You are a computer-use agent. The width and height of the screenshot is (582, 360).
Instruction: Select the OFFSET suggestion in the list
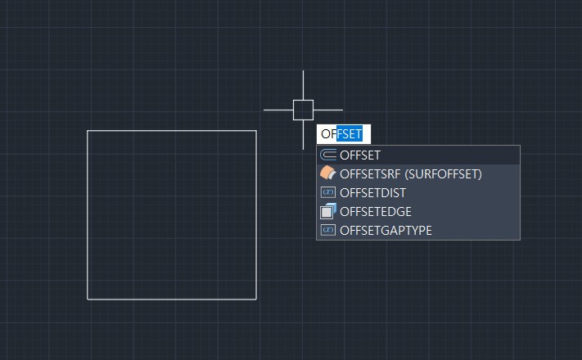click(360, 155)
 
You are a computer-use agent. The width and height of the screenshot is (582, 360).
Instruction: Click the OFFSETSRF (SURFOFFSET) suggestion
click(410, 173)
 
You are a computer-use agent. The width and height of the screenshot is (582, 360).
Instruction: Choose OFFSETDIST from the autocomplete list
click(372, 193)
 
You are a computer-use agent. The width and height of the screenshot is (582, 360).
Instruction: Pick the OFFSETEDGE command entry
click(375, 212)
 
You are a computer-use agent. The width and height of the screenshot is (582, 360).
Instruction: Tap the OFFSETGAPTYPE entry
click(386, 231)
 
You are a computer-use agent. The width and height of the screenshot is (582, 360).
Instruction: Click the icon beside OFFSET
click(328, 155)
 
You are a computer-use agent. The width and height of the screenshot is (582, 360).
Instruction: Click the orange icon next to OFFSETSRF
click(327, 173)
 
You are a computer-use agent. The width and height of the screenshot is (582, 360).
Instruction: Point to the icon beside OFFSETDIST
click(328, 193)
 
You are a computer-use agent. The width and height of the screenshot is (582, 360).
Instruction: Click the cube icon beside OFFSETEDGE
click(328, 212)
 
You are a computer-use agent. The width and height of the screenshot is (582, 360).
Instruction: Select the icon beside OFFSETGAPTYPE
click(328, 231)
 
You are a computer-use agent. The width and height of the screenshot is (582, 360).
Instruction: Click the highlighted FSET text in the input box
click(350, 133)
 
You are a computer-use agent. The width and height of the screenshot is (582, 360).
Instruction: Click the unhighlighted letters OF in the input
click(328, 133)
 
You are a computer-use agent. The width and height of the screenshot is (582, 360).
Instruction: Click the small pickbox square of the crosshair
click(303, 110)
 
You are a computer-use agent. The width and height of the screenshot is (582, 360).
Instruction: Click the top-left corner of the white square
click(88, 131)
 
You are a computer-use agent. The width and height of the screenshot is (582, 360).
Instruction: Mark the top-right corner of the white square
click(256, 131)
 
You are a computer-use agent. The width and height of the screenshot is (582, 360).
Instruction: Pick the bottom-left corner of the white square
click(88, 299)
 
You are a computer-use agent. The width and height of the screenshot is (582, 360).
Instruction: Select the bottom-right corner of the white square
click(256, 299)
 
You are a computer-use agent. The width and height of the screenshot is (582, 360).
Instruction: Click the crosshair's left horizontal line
click(277, 110)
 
